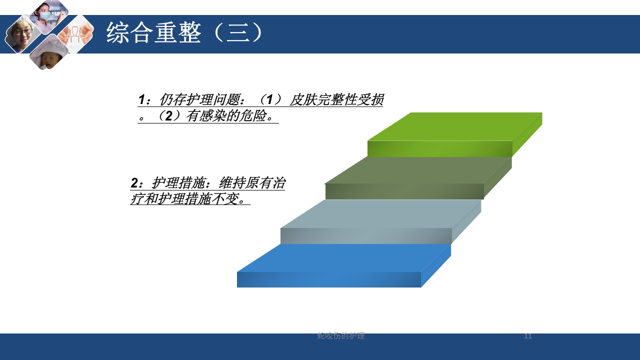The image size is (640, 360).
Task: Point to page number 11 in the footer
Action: coord(528,336)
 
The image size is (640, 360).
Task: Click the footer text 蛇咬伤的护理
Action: coord(341,336)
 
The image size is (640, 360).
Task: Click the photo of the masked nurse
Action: coord(48,15)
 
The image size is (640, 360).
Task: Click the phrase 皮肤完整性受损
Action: coord(336,100)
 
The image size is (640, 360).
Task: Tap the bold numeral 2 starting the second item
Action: coord(134,183)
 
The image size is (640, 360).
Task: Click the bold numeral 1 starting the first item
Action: coord(142,100)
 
